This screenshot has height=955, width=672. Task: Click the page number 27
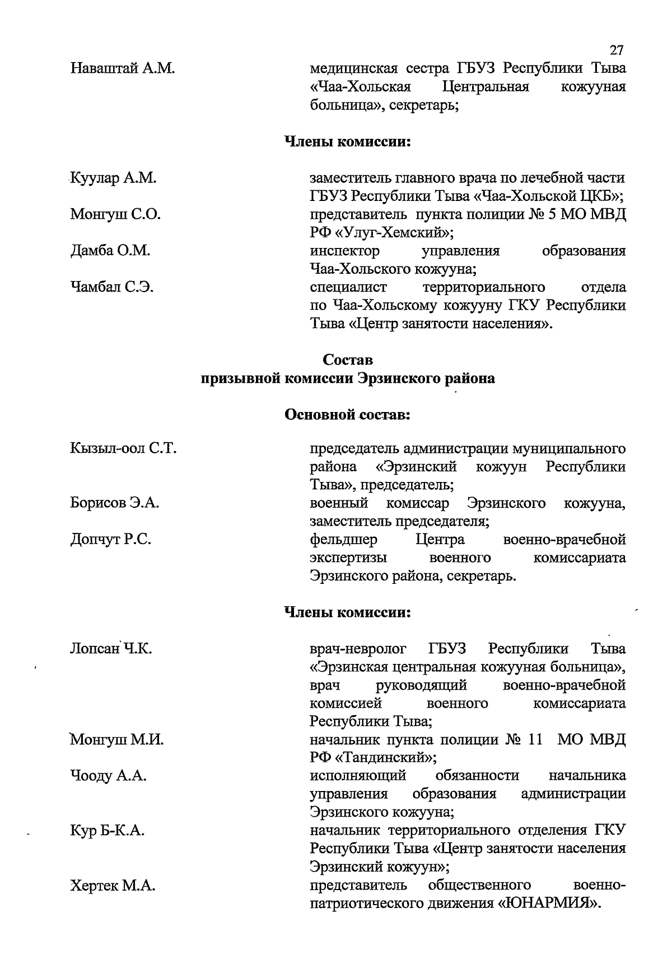pyautogui.click(x=616, y=50)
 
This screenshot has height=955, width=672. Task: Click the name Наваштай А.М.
pyautogui.click(x=123, y=69)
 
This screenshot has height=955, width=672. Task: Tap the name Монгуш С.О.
pyautogui.click(x=115, y=214)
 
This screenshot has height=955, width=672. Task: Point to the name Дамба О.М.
pyautogui.click(x=110, y=251)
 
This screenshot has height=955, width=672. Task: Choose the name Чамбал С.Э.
pyautogui.click(x=112, y=287)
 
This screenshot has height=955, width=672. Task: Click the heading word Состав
pyautogui.click(x=348, y=359)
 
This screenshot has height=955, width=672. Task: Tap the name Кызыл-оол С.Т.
pyautogui.click(x=124, y=448)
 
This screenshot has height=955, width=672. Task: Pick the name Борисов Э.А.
pyautogui.click(x=115, y=503)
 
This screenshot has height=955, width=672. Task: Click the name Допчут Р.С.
pyautogui.click(x=111, y=540)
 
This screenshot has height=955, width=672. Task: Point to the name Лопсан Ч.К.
pyautogui.click(x=111, y=649)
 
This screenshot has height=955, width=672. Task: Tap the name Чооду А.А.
pyautogui.click(x=109, y=776)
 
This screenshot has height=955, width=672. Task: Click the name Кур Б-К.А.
pyautogui.click(x=108, y=831)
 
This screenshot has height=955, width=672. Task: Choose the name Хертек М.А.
pyautogui.click(x=113, y=886)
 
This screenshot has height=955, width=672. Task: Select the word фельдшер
pyautogui.click(x=344, y=540)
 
